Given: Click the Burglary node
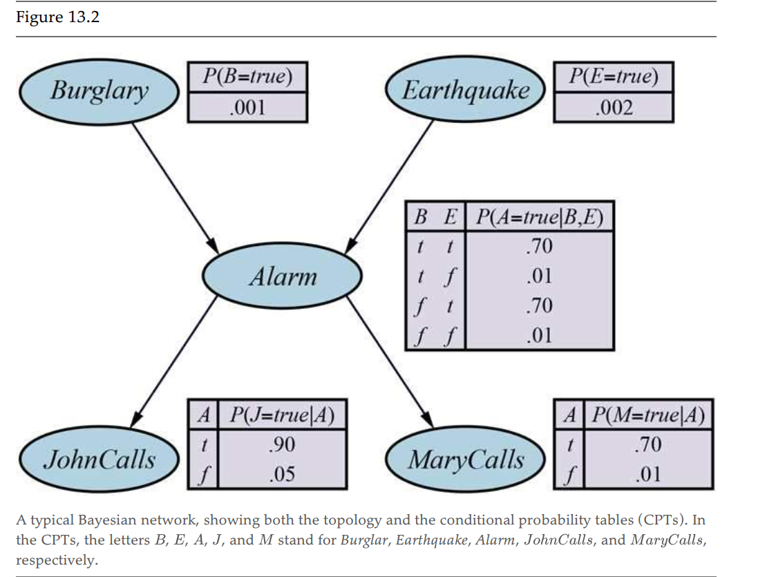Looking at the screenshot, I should click(99, 91).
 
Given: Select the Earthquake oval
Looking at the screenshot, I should click(466, 91).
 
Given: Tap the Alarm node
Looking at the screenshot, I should click(282, 278).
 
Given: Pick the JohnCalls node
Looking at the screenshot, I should click(100, 460).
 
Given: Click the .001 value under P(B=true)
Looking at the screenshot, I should click(248, 108).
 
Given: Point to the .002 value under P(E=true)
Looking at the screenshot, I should click(614, 108).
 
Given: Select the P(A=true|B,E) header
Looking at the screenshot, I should click(541, 218).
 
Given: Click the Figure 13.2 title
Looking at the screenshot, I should click(57, 17).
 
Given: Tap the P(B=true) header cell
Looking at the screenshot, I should click(248, 77).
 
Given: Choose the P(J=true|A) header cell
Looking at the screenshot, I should click(282, 415).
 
